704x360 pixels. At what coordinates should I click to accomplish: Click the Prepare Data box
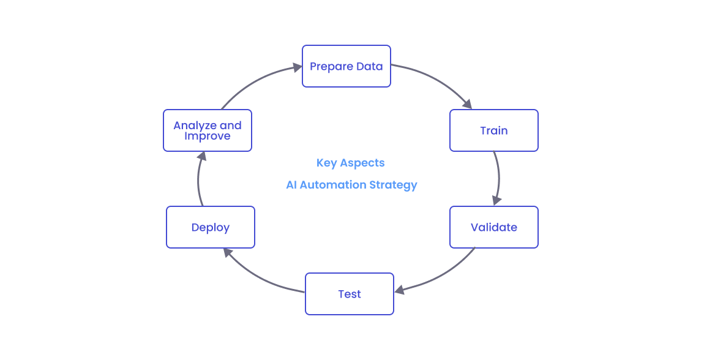pos(346,66)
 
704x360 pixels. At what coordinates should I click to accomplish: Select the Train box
pos(493,130)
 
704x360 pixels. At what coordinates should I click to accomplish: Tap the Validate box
pos(493,227)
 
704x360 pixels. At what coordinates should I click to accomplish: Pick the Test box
pos(349,294)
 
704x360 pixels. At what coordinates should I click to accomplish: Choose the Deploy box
pos(210,227)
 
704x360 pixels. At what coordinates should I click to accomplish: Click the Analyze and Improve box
pos(207,130)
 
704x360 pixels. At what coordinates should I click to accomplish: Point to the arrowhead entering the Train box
pos(467,104)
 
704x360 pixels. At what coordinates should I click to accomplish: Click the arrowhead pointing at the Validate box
pos(496,200)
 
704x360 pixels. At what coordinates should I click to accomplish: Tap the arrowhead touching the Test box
pos(399,290)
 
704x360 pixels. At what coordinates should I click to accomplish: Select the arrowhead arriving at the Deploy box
pos(227,252)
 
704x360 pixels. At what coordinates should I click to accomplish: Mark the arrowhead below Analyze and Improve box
pos(201,157)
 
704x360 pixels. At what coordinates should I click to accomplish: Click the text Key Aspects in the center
pos(350,163)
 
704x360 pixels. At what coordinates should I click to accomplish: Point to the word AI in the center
pos(291,185)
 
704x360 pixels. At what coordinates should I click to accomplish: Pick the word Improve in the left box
pos(207,136)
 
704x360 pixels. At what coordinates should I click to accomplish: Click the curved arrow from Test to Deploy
pos(257,278)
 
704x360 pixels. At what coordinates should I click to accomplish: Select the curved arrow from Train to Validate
pos(499,174)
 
